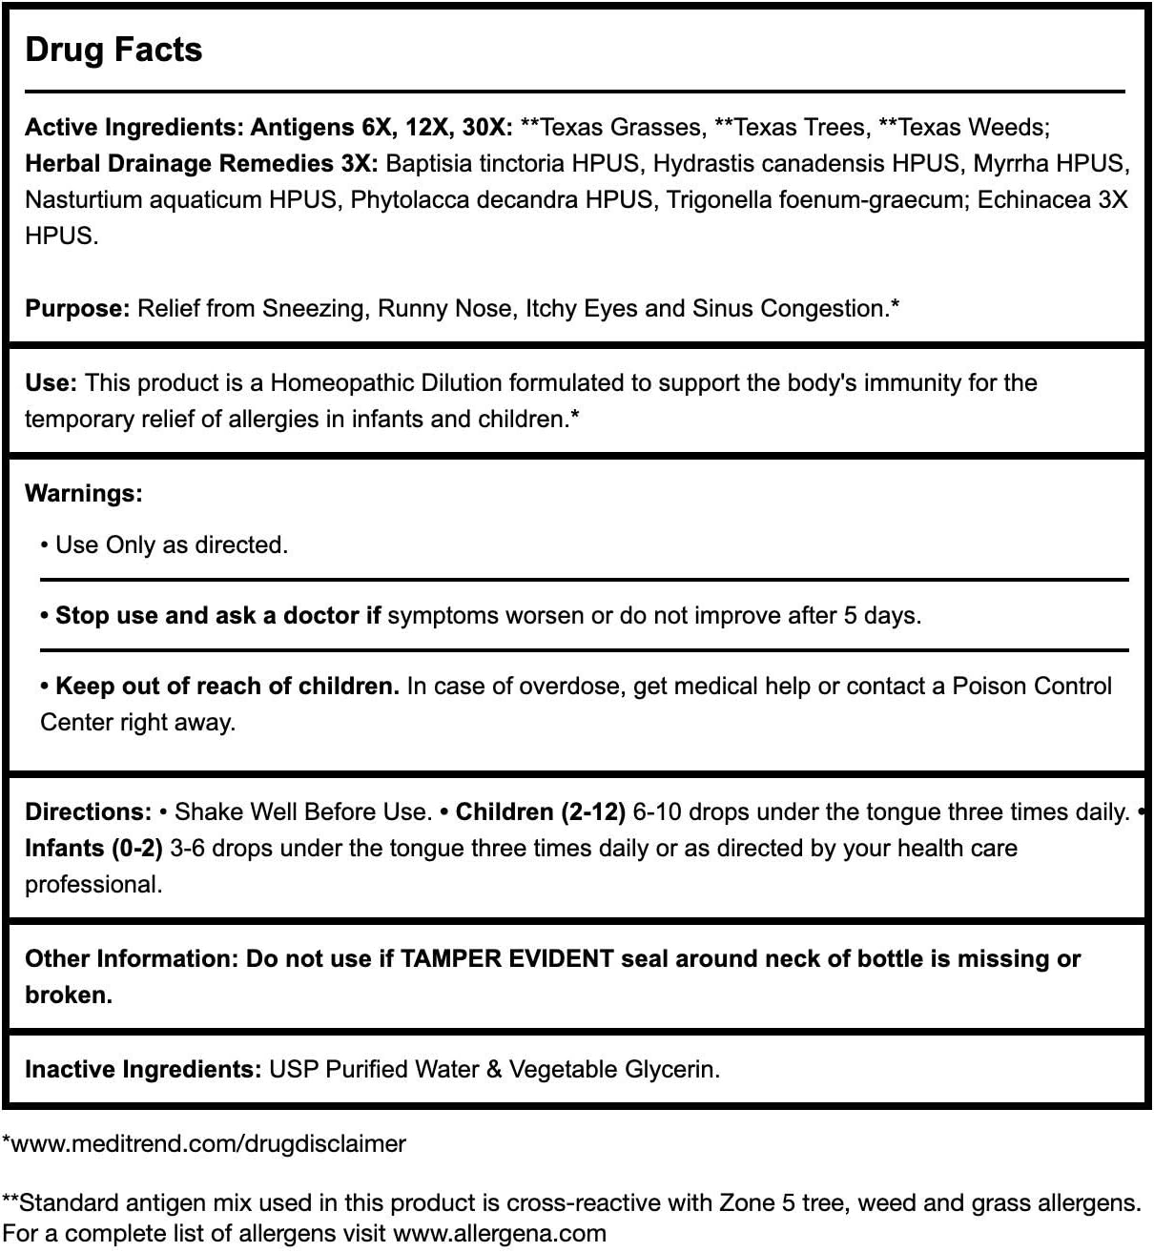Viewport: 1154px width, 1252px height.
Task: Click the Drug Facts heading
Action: tap(113, 50)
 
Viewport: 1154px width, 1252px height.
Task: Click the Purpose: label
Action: tap(77, 308)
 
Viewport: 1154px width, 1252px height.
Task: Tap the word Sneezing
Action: tap(315, 308)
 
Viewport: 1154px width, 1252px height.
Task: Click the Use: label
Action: tap(51, 382)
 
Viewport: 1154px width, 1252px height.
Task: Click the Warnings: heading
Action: tap(83, 493)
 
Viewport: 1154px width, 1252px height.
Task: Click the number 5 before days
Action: tap(849, 615)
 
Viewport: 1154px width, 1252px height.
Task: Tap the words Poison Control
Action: tap(1032, 686)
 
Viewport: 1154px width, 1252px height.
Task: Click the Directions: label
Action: tap(88, 811)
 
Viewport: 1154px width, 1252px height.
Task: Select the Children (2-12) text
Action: tap(540, 811)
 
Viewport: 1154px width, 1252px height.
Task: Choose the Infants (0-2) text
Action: tap(93, 848)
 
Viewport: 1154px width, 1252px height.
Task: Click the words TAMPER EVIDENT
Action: tap(506, 958)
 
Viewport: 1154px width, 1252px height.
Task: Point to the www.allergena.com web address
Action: tap(500, 1233)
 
